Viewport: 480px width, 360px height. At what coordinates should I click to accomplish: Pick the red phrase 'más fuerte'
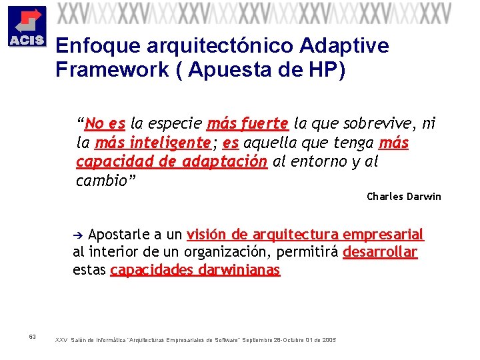pyautogui.click(x=248, y=123)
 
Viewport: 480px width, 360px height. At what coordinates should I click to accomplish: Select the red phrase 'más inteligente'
pyautogui.click(x=153, y=143)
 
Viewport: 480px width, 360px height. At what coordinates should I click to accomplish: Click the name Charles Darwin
pyautogui.click(x=404, y=197)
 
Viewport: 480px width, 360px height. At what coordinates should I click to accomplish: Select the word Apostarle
pyautogui.click(x=117, y=235)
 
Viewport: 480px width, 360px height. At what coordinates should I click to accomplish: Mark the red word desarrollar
pyautogui.click(x=380, y=252)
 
